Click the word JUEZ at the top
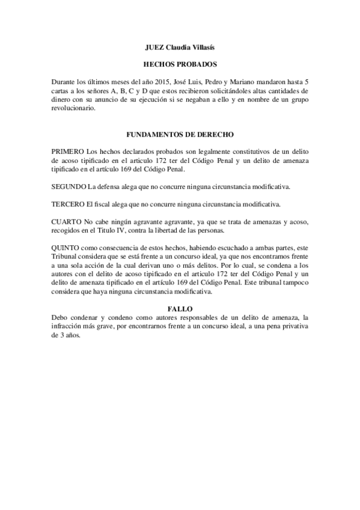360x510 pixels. [156, 47]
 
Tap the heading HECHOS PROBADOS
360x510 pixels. [180, 64]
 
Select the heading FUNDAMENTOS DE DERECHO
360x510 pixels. [180, 136]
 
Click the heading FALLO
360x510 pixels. [180, 308]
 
